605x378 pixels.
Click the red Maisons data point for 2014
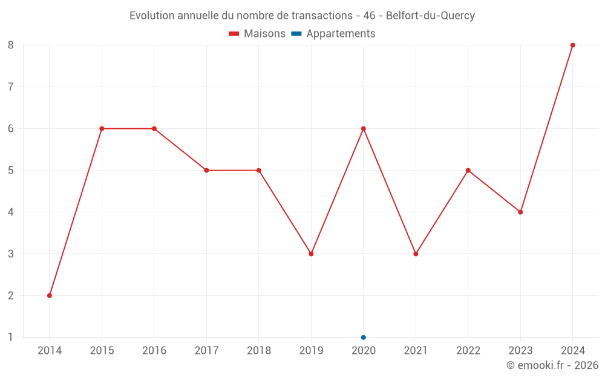50,295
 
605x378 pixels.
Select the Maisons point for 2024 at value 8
572,45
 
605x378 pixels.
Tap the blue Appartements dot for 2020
363,337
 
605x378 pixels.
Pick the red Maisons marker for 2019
311,253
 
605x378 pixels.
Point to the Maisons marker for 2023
520,212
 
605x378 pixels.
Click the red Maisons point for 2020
363,128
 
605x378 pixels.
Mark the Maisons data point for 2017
206,170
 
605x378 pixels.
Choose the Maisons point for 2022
468,170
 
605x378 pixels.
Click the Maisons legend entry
257,34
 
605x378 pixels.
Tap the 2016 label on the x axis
154,350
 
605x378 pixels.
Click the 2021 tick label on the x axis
416,350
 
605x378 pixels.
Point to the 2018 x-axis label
259,350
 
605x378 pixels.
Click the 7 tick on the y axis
11,86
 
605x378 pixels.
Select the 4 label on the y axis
11,212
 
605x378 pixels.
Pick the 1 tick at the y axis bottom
11,337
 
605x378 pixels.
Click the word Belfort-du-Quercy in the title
430,16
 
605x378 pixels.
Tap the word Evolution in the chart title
152,16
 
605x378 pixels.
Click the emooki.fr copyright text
552,365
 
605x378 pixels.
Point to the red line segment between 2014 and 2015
76,212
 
